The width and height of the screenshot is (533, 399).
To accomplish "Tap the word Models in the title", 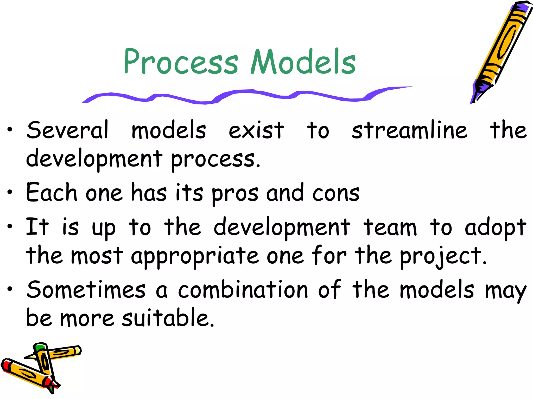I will click(303, 62).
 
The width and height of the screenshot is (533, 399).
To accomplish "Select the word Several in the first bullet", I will click(67, 130).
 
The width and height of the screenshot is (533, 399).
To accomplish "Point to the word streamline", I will click(409, 130).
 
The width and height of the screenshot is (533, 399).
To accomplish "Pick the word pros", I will click(235, 194).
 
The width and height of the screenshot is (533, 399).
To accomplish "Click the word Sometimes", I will click(86, 290).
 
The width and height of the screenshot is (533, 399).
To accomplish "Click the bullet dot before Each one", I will click(10, 192).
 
